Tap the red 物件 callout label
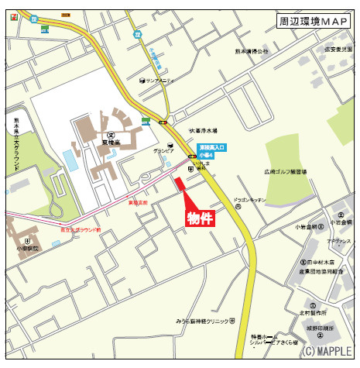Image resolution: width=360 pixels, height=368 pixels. pos(200,219)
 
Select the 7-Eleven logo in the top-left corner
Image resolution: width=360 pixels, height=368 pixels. pos(33,18)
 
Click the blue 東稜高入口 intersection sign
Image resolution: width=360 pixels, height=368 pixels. pos(211,148)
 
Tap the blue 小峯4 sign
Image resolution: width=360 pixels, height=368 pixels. pos(206,156)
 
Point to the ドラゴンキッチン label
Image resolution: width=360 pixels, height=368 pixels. pos(249,201)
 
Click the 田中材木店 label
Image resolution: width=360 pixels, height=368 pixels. pos(320,263)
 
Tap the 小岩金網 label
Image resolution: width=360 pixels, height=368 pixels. pos(306,228)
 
